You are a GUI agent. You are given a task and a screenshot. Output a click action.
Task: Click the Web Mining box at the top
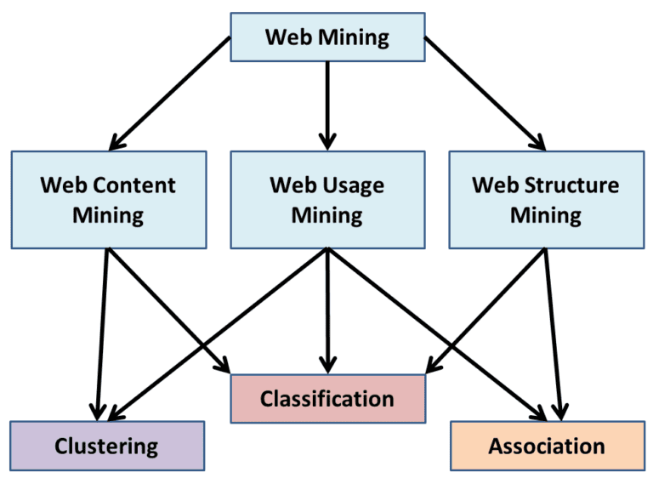(327, 37)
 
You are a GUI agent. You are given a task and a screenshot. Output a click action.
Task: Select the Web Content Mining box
(108, 200)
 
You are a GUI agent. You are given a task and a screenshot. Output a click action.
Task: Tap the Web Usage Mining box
(327, 200)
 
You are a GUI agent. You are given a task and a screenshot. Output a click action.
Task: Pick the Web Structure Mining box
(546, 200)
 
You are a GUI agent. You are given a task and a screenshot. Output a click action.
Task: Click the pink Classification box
(327, 398)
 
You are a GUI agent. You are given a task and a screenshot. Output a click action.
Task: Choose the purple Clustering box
(107, 445)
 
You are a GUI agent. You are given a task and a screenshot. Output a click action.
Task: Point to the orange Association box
(547, 446)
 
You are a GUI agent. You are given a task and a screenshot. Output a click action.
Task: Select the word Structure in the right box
(571, 185)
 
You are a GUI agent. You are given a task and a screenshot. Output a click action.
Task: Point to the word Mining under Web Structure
(546, 214)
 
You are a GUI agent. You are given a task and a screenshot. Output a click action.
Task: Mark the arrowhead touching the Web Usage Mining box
(327, 140)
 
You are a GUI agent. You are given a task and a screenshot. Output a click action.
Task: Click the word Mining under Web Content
(108, 214)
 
